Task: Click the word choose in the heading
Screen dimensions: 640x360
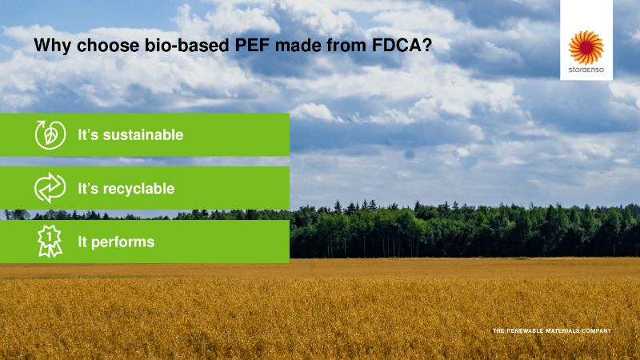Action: (108, 46)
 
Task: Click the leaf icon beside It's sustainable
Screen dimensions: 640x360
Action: (50, 134)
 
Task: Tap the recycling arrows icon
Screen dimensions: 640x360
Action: (50, 188)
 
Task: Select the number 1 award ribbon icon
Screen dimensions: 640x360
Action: (50, 241)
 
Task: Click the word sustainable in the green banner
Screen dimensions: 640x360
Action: (143, 134)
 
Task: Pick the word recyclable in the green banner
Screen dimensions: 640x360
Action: (138, 189)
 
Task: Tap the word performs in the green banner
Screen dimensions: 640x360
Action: (123, 242)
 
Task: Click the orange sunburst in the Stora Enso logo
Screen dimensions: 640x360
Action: (586, 47)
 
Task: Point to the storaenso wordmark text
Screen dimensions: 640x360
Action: (586, 70)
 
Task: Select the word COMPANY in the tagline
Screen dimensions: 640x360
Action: (596, 330)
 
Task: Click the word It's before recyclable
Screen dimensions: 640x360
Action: (88, 189)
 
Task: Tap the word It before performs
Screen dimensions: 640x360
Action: (82, 242)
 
